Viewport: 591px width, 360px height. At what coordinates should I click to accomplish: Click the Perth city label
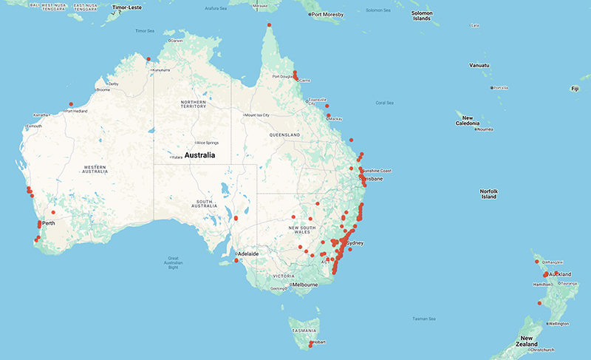50,223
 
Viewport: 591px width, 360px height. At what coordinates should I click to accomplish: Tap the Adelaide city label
248,254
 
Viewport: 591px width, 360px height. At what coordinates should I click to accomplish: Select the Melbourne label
304,285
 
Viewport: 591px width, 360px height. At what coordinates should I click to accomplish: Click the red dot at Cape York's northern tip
269,25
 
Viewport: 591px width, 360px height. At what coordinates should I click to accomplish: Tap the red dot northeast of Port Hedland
71,104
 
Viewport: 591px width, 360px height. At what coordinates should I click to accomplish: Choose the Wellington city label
560,324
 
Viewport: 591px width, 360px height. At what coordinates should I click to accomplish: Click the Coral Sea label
385,103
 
